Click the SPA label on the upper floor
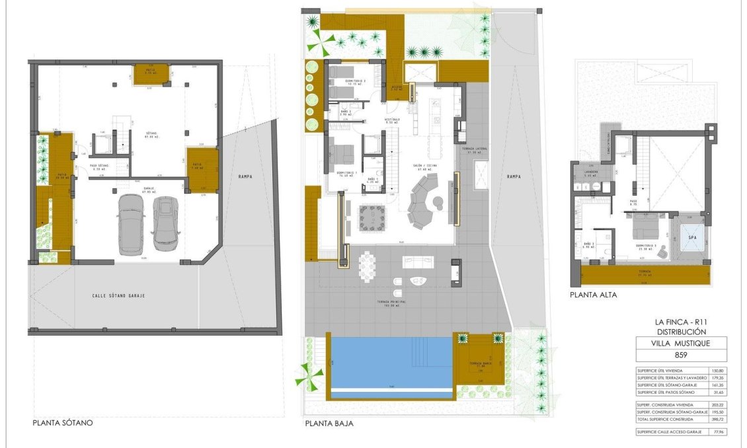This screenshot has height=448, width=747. pyautogui.click(x=693, y=237)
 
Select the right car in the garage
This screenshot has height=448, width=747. pyautogui.click(x=165, y=225)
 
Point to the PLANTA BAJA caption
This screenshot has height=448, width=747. pyautogui.click(x=329, y=424)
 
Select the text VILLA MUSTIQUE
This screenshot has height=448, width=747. pyautogui.click(x=681, y=344)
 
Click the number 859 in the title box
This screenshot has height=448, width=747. pyautogui.click(x=681, y=355)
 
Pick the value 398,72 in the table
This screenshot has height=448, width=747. pyautogui.click(x=715, y=420)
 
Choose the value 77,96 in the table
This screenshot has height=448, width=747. pyautogui.click(x=715, y=431)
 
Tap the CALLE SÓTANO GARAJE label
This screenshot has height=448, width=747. pyautogui.click(x=118, y=295)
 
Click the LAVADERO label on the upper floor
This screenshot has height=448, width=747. pyautogui.click(x=590, y=172)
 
